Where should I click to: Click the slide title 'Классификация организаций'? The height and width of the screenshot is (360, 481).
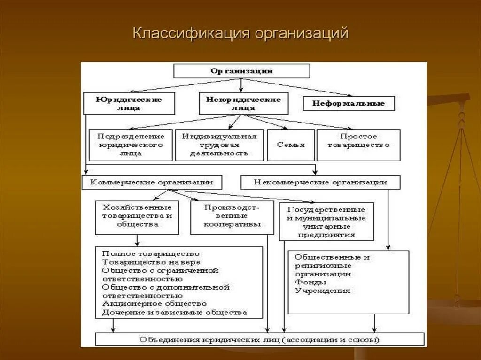[240, 34]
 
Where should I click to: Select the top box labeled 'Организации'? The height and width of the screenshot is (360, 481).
[241, 71]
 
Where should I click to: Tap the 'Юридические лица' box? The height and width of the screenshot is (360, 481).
[129, 103]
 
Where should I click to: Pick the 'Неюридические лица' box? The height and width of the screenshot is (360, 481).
[243, 103]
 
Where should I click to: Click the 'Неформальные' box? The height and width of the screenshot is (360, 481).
[348, 103]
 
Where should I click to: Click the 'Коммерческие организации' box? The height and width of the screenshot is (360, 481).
[151, 182]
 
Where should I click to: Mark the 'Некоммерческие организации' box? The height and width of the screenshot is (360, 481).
[320, 182]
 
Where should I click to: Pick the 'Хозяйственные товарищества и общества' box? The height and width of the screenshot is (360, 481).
[137, 217]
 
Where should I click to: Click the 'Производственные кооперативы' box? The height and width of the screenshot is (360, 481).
[232, 217]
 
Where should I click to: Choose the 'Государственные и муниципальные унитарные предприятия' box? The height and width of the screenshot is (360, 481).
[326, 221]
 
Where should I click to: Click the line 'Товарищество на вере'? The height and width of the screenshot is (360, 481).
[151, 262]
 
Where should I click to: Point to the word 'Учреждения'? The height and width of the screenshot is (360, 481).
[323, 291]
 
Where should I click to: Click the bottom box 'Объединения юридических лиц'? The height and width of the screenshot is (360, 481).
[259, 339]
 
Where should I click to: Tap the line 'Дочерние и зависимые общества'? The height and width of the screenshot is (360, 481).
[174, 312]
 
